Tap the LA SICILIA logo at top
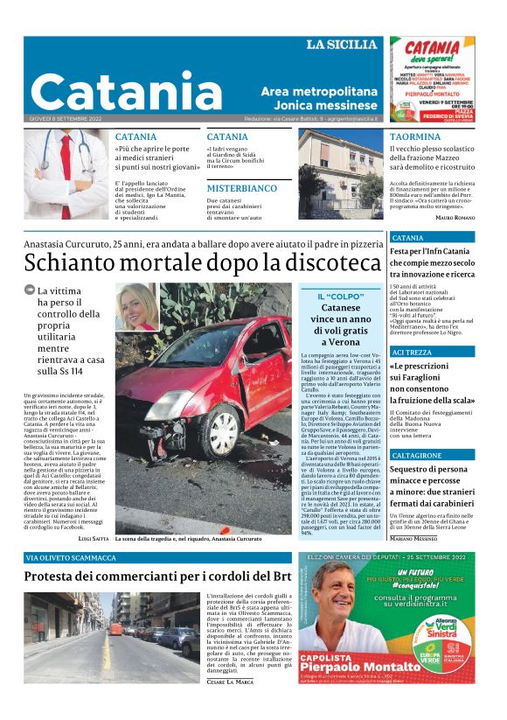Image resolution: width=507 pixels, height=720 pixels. tap(344, 45)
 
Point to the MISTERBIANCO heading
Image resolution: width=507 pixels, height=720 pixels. tap(242, 188)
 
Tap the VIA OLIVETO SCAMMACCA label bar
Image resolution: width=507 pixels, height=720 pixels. tap(71, 557)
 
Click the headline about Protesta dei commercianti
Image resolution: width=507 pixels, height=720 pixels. tap(156, 577)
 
